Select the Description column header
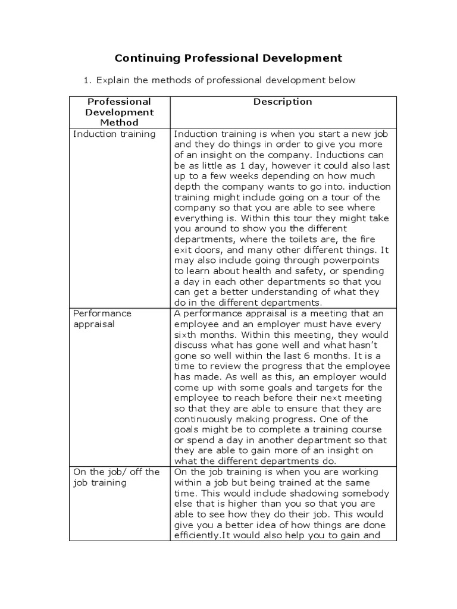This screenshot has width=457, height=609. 283,102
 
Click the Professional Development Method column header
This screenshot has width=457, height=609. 119,112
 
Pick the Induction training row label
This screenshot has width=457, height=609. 114,134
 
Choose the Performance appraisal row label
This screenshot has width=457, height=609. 102,319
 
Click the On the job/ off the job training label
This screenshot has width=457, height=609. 116,477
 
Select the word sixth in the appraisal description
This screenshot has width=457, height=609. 186,335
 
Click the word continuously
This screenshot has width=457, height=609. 208,419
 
